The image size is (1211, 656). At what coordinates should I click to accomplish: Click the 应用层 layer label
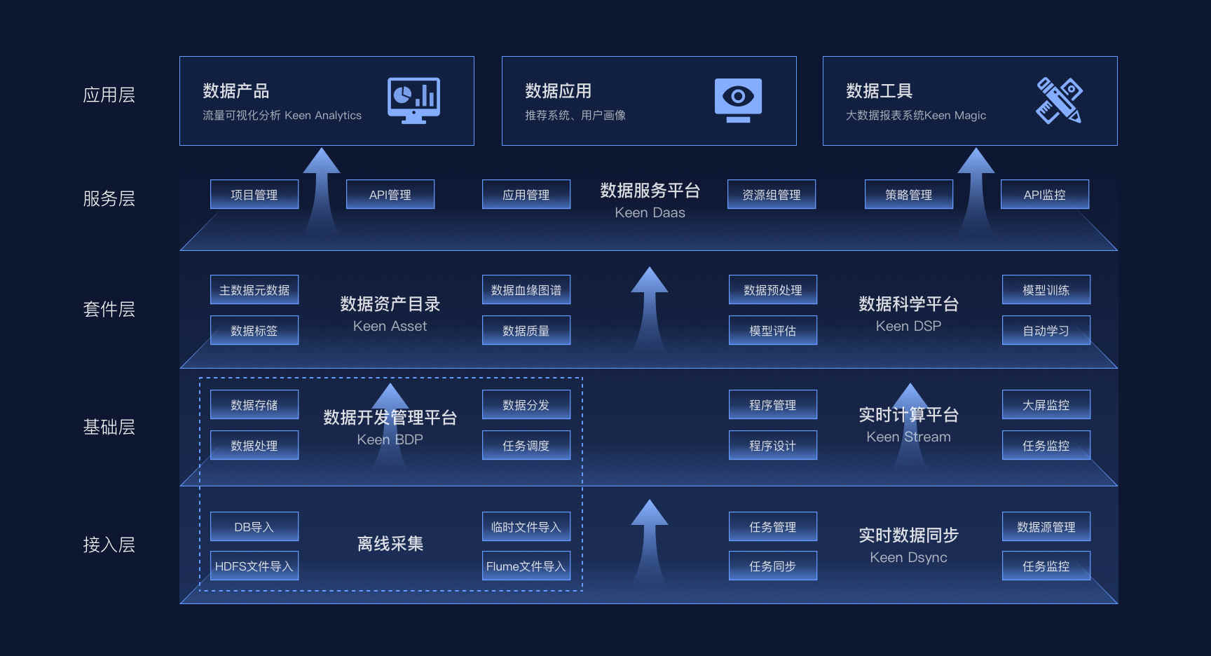pos(109,95)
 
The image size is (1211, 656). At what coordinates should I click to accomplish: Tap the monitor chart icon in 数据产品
pos(413,100)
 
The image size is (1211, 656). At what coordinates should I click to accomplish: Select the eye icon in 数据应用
pos(738,100)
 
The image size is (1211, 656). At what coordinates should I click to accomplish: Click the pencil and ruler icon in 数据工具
pos(1059,100)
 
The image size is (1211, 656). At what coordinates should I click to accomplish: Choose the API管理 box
pos(390,194)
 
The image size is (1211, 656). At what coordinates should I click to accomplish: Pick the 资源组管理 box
pos(772,194)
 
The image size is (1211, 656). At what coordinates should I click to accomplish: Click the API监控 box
pos(1045,194)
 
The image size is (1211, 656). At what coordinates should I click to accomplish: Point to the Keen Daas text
pos(650,212)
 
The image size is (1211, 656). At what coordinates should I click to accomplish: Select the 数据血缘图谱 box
pos(526,289)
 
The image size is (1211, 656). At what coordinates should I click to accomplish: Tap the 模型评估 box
pos(773,330)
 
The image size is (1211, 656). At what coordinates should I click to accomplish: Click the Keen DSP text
pos(908,326)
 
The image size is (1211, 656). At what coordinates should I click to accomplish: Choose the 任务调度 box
pos(526,445)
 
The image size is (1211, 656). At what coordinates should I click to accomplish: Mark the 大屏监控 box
pos(1046,404)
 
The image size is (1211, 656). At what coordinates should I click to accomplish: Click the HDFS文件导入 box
pos(254,566)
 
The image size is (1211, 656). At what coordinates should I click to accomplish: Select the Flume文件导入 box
pos(526,566)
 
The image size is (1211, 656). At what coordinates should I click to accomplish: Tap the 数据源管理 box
pos(1046,526)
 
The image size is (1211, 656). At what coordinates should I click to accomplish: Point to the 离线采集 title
pos(390,544)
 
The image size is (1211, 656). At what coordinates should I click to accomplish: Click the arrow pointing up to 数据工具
pos(976,190)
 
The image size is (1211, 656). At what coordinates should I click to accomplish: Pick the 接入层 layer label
pos(109,545)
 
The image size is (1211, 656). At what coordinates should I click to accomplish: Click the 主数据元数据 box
pos(254,289)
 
